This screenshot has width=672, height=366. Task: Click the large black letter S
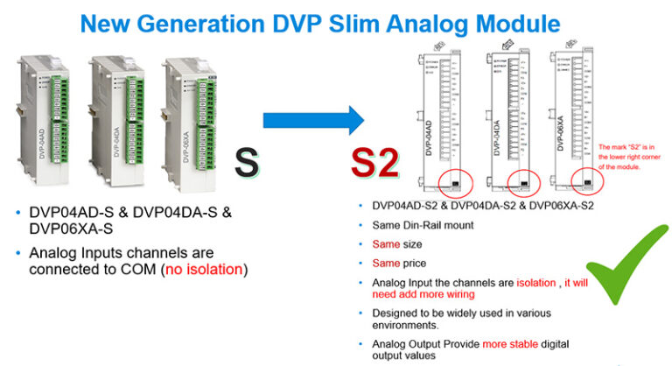tap(248, 165)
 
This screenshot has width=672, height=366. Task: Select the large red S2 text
tap(374, 164)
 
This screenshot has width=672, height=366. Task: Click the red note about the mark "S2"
tap(632, 158)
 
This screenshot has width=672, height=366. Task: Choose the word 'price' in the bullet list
tap(417, 263)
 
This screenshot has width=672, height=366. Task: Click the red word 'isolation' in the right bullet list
tap(513, 281)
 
